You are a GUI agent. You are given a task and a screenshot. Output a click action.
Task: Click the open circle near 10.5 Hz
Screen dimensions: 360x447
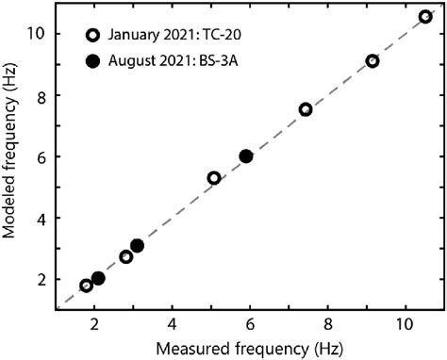click(x=425, y=17)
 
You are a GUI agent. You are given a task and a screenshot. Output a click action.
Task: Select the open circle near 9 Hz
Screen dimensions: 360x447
click(x=372, y=61)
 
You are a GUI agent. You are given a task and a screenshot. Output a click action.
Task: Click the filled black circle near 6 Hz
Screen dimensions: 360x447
click(x=246, y=156)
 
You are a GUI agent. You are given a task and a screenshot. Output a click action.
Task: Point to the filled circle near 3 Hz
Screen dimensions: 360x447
click(x=137, y=246)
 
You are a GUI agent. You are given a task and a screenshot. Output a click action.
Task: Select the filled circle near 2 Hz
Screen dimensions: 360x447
click(x=98, y=278)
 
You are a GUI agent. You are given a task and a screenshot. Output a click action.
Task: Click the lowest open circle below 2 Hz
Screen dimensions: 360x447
click(x=86, y=286)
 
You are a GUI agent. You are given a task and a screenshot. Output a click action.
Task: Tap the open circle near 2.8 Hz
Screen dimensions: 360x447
click(x=125, y=256)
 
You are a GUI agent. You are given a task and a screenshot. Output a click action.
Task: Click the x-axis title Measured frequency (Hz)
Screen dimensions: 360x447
click(x=249, y=349)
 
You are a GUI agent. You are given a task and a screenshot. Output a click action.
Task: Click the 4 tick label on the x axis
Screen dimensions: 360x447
click(x=172, y=324)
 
